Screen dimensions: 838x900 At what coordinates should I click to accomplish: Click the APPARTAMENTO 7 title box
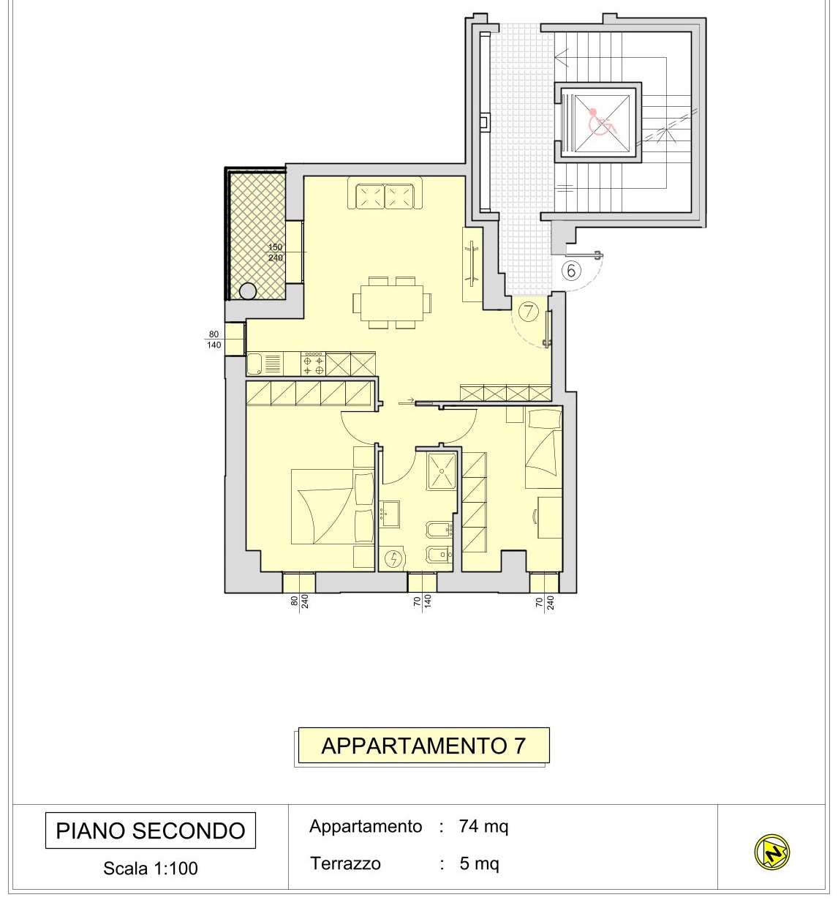coord(423,745)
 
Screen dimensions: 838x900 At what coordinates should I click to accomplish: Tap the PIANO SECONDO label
coord(151,830)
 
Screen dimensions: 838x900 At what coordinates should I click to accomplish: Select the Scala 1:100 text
coord(151,869)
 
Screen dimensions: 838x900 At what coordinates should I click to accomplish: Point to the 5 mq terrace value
coord(479,863)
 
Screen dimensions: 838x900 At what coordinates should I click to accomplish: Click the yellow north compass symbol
coord(772,852)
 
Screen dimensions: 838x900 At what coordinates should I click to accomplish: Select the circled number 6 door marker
coord(571,271)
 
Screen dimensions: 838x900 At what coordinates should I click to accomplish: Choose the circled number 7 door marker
coord(529,311)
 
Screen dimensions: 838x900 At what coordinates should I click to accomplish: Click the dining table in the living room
coord(392,302)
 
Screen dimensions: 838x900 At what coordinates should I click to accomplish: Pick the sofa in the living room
coord(385,192)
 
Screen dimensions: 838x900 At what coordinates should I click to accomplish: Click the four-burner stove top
coord(313,364)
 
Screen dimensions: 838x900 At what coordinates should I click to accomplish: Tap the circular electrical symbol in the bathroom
coord(393,559)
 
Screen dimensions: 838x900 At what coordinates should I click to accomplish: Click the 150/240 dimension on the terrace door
coord(276,252)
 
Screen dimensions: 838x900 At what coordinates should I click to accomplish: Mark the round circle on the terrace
coord(247,291)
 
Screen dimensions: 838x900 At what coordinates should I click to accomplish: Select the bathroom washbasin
coord(390,514)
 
